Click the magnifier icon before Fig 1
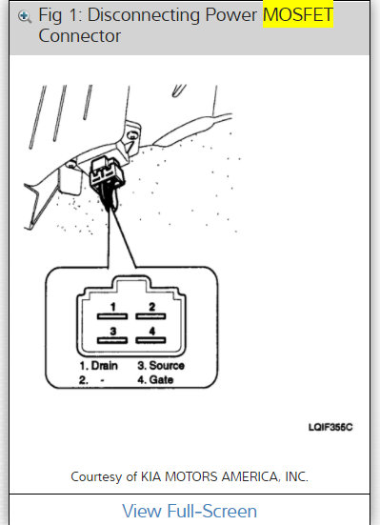pyautogui.click(x=25, y=16)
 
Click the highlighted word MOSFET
pyautogui.click(x=297, y=15)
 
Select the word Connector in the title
pyautogui.click(x=80, y=35)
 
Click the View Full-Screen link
pyautogui.click(x=190, y=511)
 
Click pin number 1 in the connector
pyautogui.click(x=112, y=307)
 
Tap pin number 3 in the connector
pyautogui.click(x=112, y=333)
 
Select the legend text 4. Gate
pyautogui.click(x=156, y=379)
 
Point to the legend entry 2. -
pyautogui.click(x=91, y=379)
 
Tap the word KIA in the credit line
pyautogui.click(x=172, y=475)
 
